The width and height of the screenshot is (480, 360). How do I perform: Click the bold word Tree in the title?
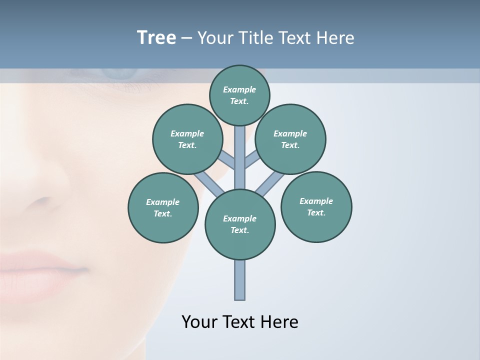click(156, 38)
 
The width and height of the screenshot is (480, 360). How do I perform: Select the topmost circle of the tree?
click(239, 95)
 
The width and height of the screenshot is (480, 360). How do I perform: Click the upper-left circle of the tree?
click(187, 139)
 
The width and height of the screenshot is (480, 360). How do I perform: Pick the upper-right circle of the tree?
click(290, 139)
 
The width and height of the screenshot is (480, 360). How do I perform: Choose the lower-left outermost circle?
click(163, 207)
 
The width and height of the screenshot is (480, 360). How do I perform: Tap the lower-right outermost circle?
click(316, 206)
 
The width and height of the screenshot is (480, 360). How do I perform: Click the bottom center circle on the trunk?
click(240, 224)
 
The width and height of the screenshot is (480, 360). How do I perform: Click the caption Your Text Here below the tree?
click(240, 322)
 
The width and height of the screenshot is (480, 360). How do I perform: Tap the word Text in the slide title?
click(294, 38)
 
